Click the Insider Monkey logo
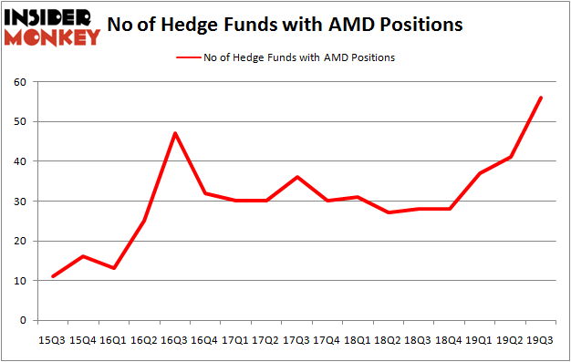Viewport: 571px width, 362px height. coord(53,26)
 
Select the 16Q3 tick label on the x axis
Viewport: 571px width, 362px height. coord(174,340)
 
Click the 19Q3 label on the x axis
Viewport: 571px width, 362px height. coord(540,340)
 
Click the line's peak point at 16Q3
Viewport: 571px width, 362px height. coord(174,133)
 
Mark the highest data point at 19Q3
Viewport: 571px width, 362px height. coord(540,98)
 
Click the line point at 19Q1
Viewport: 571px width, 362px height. coord(480,173)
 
